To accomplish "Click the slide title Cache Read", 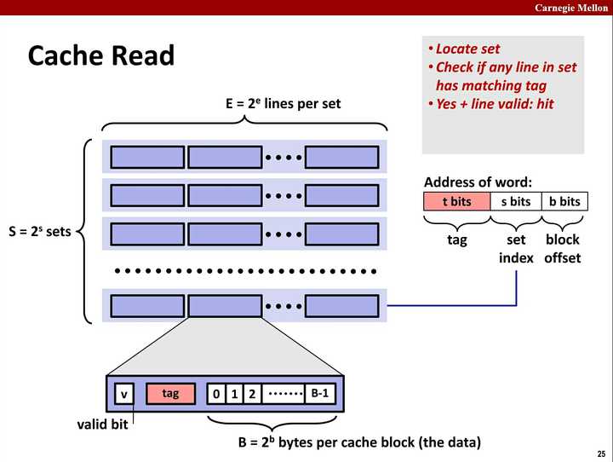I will tap(100, 56).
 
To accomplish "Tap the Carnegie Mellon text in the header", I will tap(570, 8).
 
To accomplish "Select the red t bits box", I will tap(457, 201).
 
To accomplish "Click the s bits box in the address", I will tap(516, 201).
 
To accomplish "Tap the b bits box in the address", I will tap(564, 201).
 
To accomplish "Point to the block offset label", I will tap(562, 249).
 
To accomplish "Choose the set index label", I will tap(516, 249).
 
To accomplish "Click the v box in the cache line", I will tap(124, 394).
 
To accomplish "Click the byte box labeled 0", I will tap(216, 394).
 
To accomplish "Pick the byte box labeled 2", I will tap(252, 394).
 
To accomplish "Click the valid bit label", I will tap(102, 424).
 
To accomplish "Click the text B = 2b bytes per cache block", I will tap(359, 442).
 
